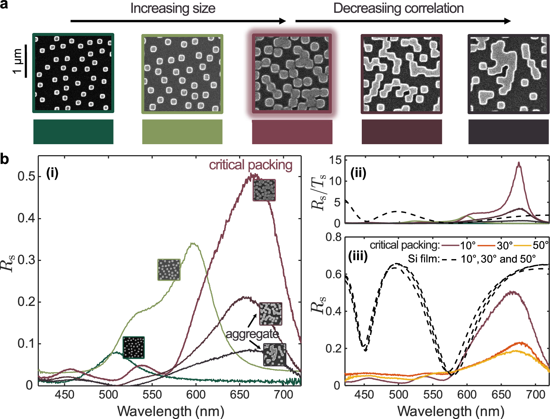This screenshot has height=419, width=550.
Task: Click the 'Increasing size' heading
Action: pyautogui.click(x=172, y=8)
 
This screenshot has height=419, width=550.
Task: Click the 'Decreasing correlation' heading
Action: pyautogui.click(x=398, y=8)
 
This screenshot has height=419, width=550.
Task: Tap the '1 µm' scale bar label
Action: pyautogui.click(x=17, y=61)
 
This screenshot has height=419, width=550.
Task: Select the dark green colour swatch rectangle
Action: pyautogui.click(x=73, y=132)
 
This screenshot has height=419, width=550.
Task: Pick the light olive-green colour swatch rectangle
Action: pyautogui.click(x=182, y=132)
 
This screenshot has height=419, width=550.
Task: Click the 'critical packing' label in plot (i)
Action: pyautogui.click(x=250, y=165)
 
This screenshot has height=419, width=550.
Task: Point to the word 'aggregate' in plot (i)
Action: pyautogui.click(x=252, y=334)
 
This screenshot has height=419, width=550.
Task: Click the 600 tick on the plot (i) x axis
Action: pyautogui.click(x=196, y=395)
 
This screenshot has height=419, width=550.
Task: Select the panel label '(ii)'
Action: pyautogui.click(x=358, y=173)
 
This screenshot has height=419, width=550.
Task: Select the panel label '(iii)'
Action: pyautogui.click(x=358, y=256)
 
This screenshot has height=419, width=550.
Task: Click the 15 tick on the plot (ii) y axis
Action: pyautogui.click(x=335, y=160)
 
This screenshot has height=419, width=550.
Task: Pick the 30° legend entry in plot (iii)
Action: pyautogui.click(x=505, y=245)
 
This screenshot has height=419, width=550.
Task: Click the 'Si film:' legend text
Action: pyautogui.click(x=424, y=259)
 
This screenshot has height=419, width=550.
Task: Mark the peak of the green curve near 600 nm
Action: pyautogui.click(x=193, y=243)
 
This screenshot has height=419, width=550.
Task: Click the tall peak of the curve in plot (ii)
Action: pyautogui.click(x=519, y=163)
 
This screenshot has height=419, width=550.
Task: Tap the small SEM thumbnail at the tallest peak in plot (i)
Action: pyautogui.click(x=264, y=190)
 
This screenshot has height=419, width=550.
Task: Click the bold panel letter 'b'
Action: pyautogui.click(x=5, y=160)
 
